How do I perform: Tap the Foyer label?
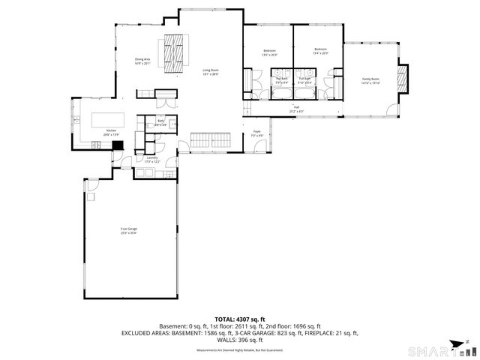256,133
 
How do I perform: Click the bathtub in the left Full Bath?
283,94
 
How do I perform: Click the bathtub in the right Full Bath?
306,94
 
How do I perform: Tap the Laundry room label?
152,160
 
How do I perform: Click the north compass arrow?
467,342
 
